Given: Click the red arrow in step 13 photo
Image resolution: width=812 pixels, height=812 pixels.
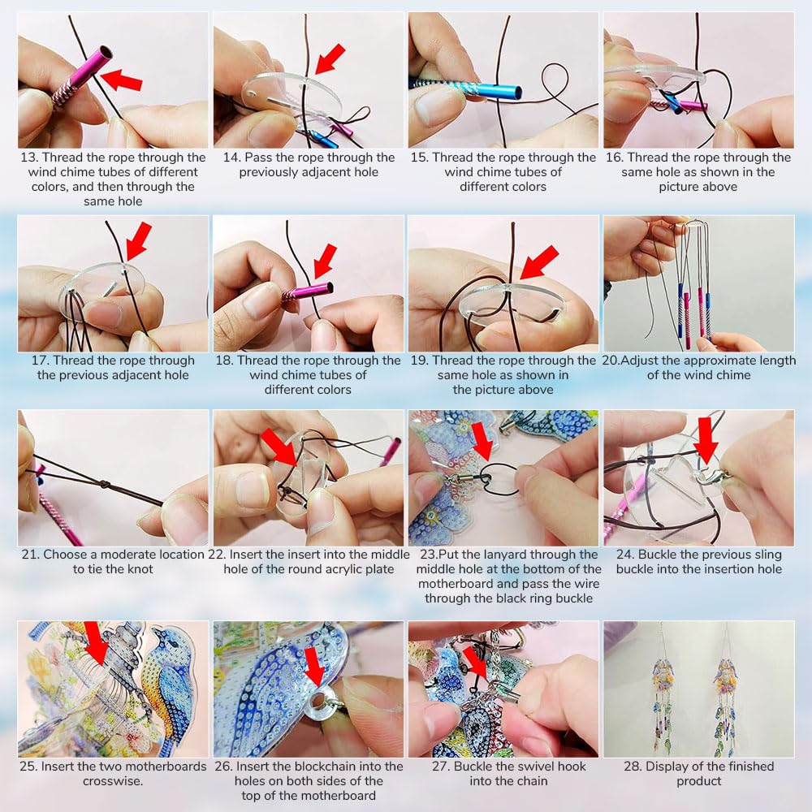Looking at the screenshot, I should coord(122,80).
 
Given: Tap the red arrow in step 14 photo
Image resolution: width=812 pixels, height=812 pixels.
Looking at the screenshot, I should coord(329,59).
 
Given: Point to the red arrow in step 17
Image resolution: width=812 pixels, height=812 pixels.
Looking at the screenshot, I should coord(138,241).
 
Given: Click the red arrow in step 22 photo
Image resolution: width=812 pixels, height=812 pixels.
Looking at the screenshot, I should coord(280,450).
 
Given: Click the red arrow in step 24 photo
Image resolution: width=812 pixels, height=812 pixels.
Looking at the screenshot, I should coord(706,441).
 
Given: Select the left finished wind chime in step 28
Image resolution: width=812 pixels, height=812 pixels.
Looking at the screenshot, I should coord(662,686).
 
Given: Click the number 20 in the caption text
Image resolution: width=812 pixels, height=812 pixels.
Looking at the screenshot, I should coord(609,361).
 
